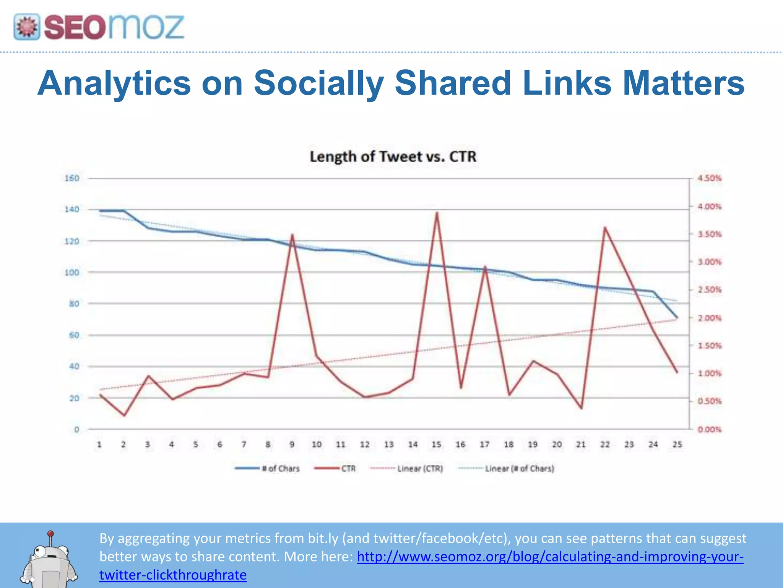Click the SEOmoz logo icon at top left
[27, 27]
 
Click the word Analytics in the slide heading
[114, 83]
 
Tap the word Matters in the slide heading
[684, 83]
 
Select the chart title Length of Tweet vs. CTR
[393, 157]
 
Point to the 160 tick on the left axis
[72, 178]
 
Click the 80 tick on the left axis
[74, 304]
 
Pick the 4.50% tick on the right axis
[710, 178]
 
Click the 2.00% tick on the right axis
[710, 318]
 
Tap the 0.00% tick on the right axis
[710, 430]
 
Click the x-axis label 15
[436, 444]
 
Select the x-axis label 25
[677, 444]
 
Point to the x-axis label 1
[99, 444]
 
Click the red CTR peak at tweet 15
[437, 213]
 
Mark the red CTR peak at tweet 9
[292, 235]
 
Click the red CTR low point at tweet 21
[582, 408]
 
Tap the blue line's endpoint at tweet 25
[677, 317]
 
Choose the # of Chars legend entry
[268, 469]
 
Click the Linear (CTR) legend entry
[407, 469]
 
